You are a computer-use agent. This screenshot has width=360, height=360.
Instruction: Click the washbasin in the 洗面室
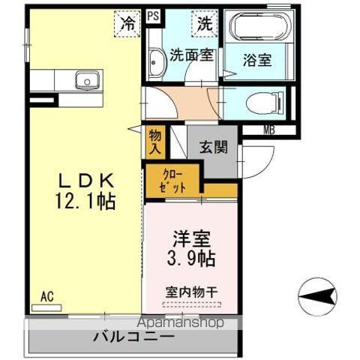[x=156, y=63]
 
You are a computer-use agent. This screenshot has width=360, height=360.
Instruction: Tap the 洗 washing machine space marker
[x=204, y=22]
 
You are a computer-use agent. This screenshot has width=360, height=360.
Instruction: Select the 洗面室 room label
[x=192, y=54]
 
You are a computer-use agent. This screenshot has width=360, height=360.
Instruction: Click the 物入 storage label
[x=154, y=142]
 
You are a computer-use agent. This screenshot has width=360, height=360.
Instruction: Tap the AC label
[x=46, y=296]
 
